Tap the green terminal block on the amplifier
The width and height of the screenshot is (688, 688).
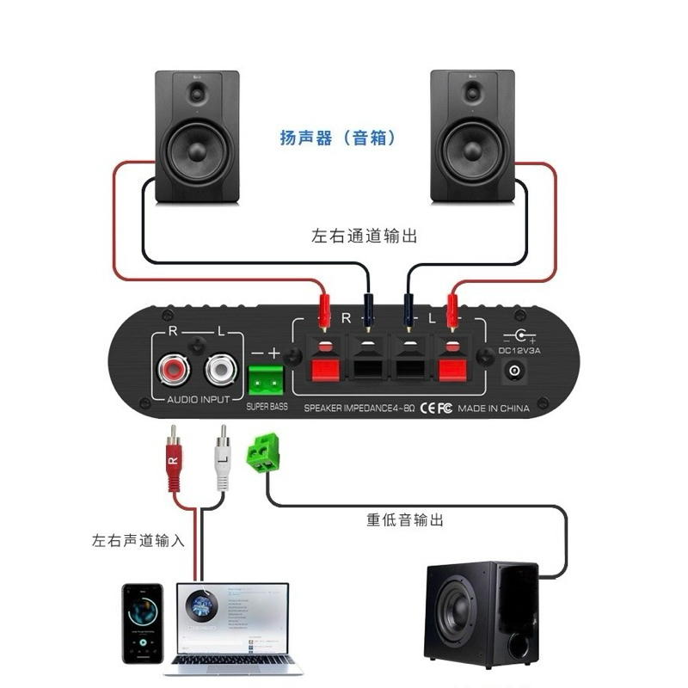tap(266, 378)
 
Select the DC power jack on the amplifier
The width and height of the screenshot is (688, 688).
tap(516, 372)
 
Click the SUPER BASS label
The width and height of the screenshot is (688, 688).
tap(267, 406)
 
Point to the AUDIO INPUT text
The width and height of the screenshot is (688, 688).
tap(197, 400)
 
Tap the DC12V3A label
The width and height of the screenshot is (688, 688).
tap(517, 351)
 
